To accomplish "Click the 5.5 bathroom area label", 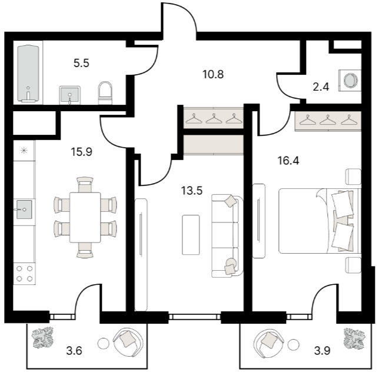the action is tap(81, 63).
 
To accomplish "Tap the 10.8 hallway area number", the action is tap(213, 74).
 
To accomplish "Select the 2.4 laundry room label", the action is tap(321, 87).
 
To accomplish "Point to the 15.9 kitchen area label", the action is tap(81, 152).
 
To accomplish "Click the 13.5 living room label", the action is tap(192, 191).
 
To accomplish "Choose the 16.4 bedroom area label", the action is tap(288, 161).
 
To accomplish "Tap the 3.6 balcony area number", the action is tap(74, 351).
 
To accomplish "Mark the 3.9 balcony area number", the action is tap(322, 351).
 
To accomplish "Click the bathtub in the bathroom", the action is tap(28, 73).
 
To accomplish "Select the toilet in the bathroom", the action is tap(105, 93).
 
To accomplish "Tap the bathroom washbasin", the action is tap(70, 95).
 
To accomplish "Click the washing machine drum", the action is tap(351, 80).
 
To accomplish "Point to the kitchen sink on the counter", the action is tap(24, 210).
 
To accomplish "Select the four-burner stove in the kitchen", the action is tap(24, 274).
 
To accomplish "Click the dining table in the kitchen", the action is tap(85, 217).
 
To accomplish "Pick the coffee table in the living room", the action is tap(191, 235).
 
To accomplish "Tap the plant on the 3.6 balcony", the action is tap(43, 338).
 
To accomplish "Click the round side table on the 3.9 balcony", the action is tap(294, 344).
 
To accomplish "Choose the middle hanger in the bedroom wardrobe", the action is tap(328, 120).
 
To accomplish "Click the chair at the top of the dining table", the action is tap(85, 184).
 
